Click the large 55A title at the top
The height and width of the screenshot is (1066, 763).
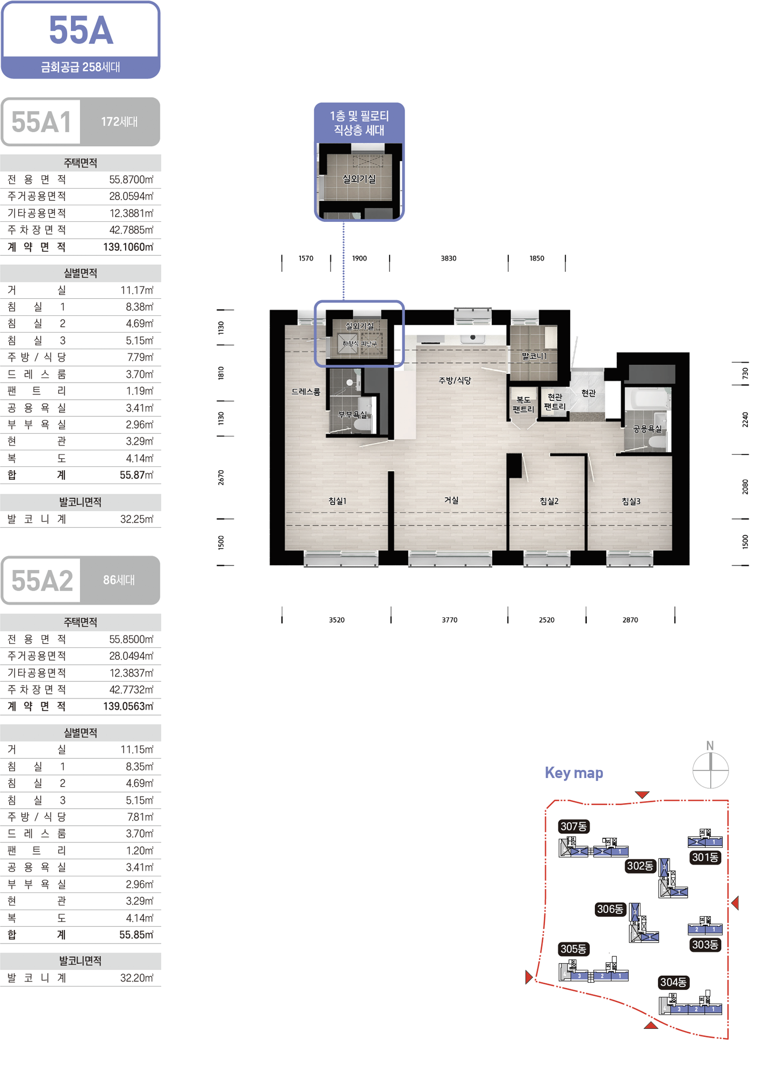81,31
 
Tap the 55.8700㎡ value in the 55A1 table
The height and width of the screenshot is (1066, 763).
131,179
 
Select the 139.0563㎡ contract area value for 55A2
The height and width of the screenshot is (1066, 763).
128,706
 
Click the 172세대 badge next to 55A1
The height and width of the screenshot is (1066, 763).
119,122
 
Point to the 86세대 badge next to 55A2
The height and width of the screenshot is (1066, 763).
119,580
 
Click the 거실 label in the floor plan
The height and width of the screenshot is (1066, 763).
451,500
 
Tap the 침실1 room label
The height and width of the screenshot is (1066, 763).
337,501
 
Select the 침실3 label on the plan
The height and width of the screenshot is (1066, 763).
631,501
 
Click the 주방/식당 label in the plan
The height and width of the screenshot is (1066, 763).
455,380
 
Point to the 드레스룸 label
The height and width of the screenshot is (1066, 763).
306,392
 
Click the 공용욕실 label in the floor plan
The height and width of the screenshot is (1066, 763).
647,429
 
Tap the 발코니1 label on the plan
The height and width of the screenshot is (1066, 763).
534,356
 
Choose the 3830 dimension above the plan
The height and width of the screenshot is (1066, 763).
449,258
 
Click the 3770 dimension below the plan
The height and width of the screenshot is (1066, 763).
450,620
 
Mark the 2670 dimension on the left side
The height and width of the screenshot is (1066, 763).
221,478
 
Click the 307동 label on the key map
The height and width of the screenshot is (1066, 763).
574,826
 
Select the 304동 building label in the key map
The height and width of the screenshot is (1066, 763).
674,982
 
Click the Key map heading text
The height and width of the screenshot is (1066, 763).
574,773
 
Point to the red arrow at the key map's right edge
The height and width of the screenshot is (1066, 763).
735,903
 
